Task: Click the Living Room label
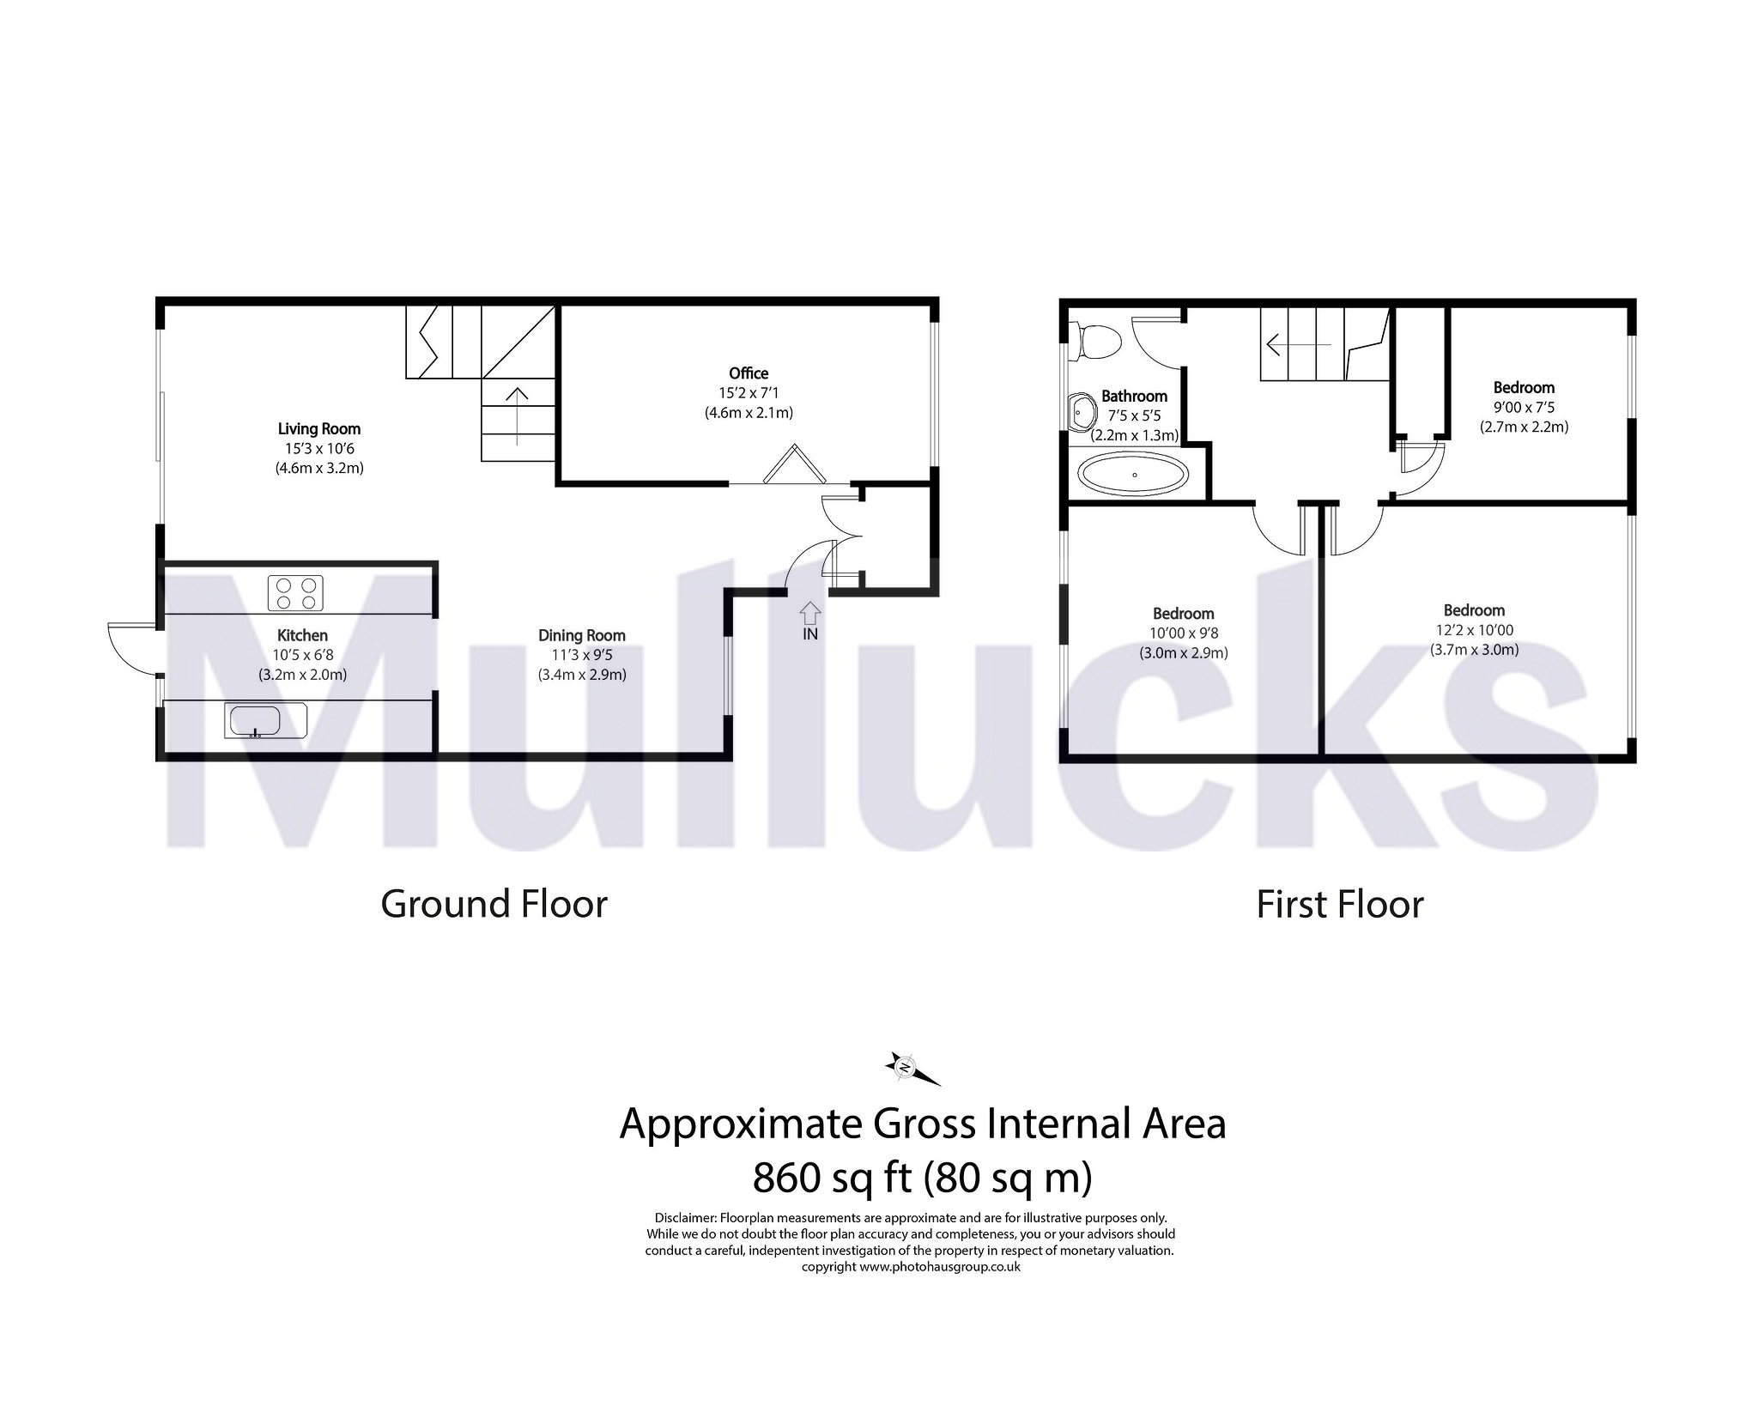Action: pos(318,429)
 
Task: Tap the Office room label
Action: pos(748,373)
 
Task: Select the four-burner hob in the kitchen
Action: pos(296,592)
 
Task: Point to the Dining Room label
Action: pos(581,636)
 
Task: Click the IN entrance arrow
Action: pos(810,614)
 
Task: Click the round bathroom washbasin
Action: pos(1082,412)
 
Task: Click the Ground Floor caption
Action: pos(494,905)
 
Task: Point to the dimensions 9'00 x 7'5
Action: pos(1524,408)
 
